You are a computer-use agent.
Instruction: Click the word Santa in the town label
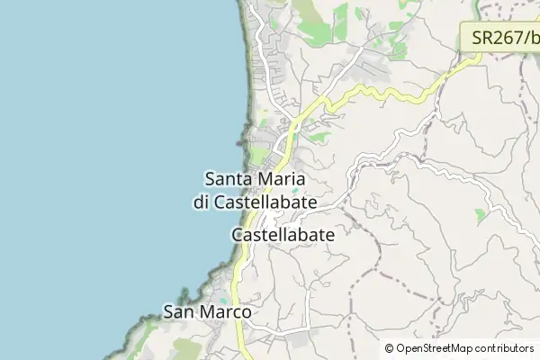point(227,180)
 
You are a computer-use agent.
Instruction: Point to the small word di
point(201,202)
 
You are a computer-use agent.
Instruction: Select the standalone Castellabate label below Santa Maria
point(283,234)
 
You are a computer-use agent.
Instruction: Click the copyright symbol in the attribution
point(390,348)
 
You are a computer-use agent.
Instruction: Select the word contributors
point(505,348)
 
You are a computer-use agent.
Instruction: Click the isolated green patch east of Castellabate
point(480,215)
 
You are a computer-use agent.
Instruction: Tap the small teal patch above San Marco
point(223,296)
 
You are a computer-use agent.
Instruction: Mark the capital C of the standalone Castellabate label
point(238,234)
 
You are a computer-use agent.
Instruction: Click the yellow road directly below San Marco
point(241,337)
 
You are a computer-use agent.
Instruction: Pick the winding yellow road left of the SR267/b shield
point(396,93)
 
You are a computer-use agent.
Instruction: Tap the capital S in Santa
point(211,180)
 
